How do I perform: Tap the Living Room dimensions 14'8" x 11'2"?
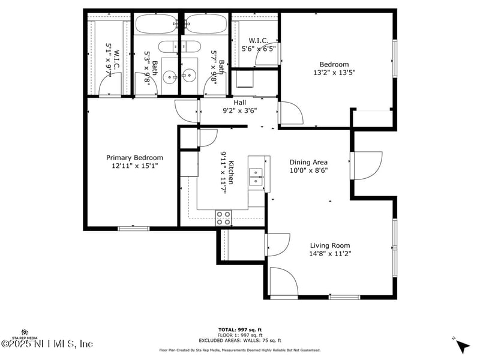(330, 254)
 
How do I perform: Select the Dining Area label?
(308, 162)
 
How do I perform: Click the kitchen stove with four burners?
(224, 218)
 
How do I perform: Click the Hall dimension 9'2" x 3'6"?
(239, 110)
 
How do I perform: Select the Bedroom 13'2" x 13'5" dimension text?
(334, 73)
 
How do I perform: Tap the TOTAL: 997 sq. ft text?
(239, 329)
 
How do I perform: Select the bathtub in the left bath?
(155, 24)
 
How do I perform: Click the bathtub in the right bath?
(205, 24)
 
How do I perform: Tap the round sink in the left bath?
(170, 76)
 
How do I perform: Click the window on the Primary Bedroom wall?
(133, 228)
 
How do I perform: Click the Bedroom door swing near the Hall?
(289, 113)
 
